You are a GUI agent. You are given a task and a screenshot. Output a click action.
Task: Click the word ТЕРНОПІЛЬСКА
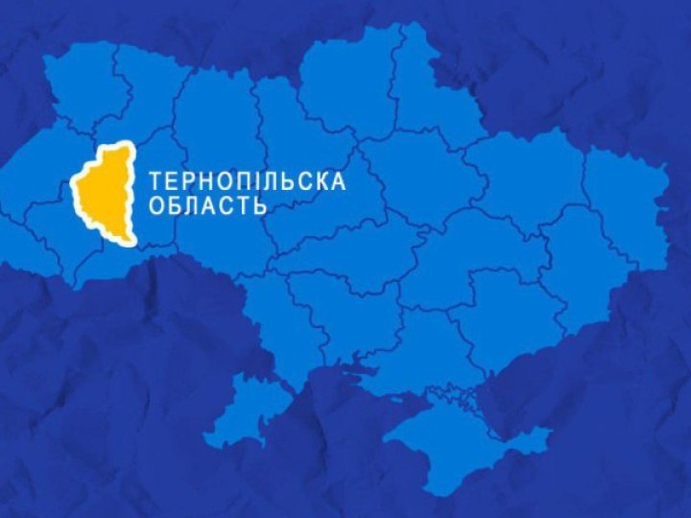248,180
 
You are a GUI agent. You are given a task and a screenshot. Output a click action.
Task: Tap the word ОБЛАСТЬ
206,205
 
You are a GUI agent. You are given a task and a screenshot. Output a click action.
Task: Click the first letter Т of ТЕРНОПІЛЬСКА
155,180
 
